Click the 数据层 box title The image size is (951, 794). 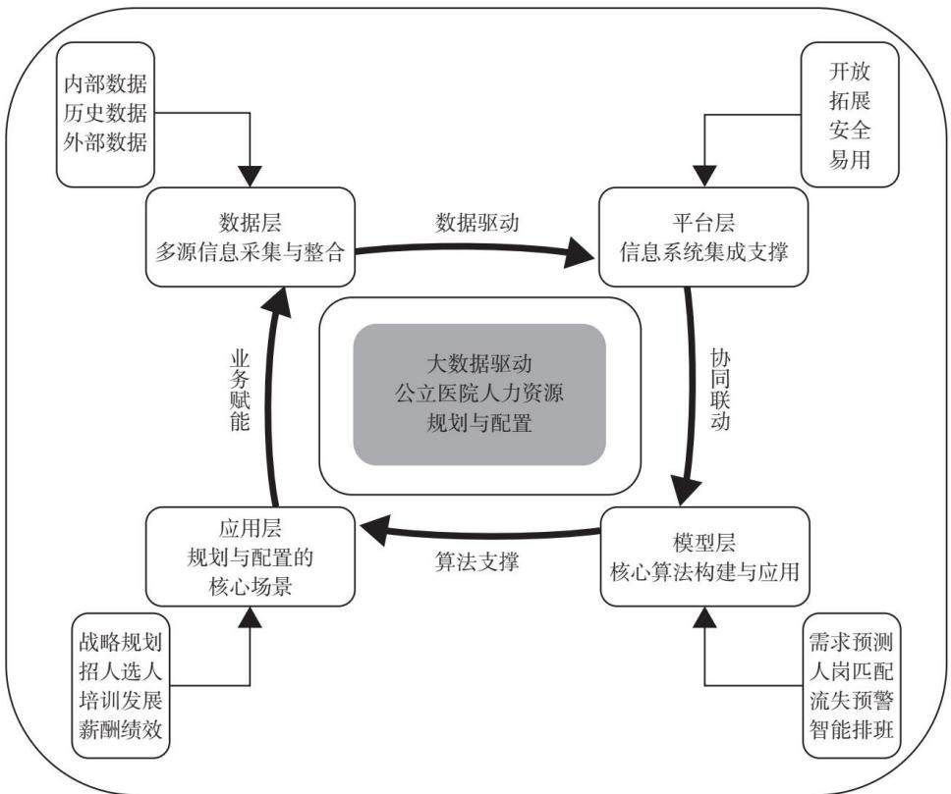click(x=250, y=223)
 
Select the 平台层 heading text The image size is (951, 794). click(x=703, y=223)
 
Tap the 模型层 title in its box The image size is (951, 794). click(x=704, y=542)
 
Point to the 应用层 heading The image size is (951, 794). click(x=250, y=528)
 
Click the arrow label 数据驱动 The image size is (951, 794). click(x=477, y=223)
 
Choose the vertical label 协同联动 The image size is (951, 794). click(x=720, y=389)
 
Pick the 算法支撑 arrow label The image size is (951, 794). click(x=476, y=561)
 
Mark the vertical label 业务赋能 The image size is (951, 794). click(x=240, y=390)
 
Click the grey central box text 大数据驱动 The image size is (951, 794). click(x=479, y=364)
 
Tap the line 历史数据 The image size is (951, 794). click(x=105, y=113)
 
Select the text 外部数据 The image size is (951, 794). click(x=105, y=142)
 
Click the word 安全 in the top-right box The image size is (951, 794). click(x=850, y=130)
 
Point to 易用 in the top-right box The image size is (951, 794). click(x=850, y=159)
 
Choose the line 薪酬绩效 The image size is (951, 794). click(x=121, y=729)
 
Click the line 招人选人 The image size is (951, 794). click(x=121, y=670)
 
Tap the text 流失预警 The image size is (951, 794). click(x=852, y=700)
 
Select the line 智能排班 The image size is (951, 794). click(x=852, y=729)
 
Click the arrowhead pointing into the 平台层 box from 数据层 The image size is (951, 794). click(x=580, y=251)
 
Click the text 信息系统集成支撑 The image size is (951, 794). click(x=703, y=251)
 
